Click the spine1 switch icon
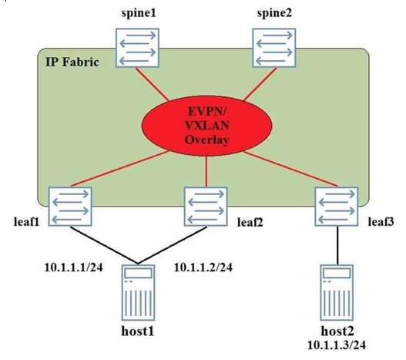(x=137, y=48)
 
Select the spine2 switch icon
(x=274, y=48)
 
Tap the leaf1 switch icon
(x=70, y=207)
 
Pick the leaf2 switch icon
(x=206, y=207)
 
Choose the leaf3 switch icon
(x=337, y=207)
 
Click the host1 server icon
(x=138, y=293)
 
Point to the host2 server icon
(x=337, y=293)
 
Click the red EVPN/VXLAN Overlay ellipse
(x=206, y=126)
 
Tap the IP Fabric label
(x=72, y=62)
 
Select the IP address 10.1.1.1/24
(x=74, y=267)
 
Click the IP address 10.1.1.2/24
(x=203, y=267)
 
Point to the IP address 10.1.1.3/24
(x=337, y=345)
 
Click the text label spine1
(x=139, y=13)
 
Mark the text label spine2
(x=274, y=13)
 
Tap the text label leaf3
(x=381, y=221)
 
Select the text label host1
(x=138, y=331)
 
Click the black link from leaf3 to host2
(x=337, y=245)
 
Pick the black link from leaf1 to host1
(x=104, y=245)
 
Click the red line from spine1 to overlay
(x=153, y=84)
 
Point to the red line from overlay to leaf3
(x=290, y=169)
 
